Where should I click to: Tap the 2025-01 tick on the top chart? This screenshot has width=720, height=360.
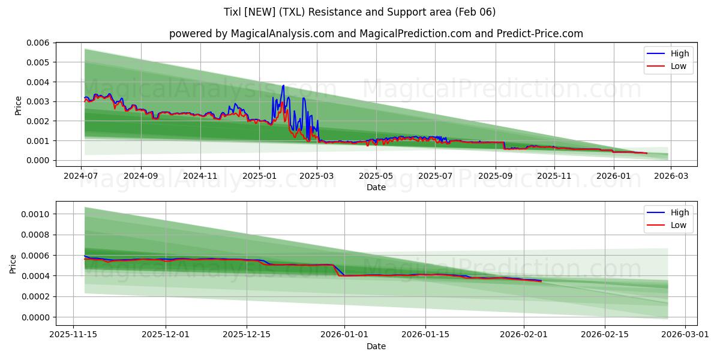(x=259, y=176)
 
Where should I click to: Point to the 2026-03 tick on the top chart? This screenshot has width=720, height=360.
(x=670, y=176)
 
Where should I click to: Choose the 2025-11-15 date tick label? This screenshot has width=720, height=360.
(x=73, y=335)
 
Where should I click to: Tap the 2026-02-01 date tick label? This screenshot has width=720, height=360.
(x=524, y=335)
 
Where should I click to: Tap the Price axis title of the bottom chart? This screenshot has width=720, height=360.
(x=13, y=263)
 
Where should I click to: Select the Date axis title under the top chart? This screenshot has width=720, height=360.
(x=376, y=187)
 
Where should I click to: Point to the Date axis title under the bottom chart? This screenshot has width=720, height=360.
(x=376, y=346)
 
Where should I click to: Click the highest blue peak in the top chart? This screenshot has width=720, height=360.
(x=283, y=85)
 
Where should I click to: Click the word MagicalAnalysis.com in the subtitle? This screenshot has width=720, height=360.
(x=282, y=34)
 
